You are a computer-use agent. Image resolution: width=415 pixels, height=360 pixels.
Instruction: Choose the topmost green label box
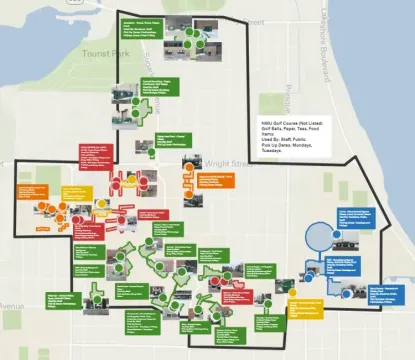tap(141, 23)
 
